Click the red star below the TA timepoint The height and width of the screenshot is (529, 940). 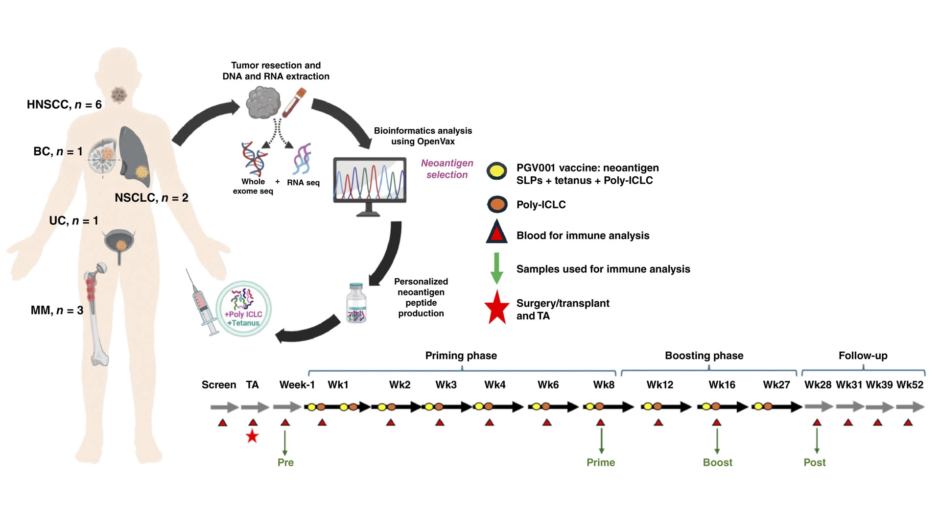click(252, 436)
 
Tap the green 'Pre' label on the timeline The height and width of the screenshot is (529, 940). click(285, 462)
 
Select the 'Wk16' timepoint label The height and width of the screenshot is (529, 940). click(722, 385)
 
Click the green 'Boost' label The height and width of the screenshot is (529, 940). click(717, 462)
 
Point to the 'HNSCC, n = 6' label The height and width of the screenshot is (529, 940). click(64, 104)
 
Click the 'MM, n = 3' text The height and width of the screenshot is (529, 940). click(57, 310)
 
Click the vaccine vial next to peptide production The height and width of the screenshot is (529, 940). click(356, 304)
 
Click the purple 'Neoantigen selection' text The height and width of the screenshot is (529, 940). click(447, 168)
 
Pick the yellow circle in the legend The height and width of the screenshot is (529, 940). click(497, 170)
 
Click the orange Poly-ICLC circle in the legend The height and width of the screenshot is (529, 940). click(497, 204)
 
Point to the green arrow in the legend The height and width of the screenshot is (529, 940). click(496, 268)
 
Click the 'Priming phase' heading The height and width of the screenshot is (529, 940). click(461, 356)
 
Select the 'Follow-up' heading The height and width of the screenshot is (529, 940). click(863, 356)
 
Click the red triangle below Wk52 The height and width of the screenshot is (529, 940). click(908, 422)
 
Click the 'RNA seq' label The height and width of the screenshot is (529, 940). click(303, 183)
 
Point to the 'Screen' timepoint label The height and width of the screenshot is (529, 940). click(219, 385)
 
